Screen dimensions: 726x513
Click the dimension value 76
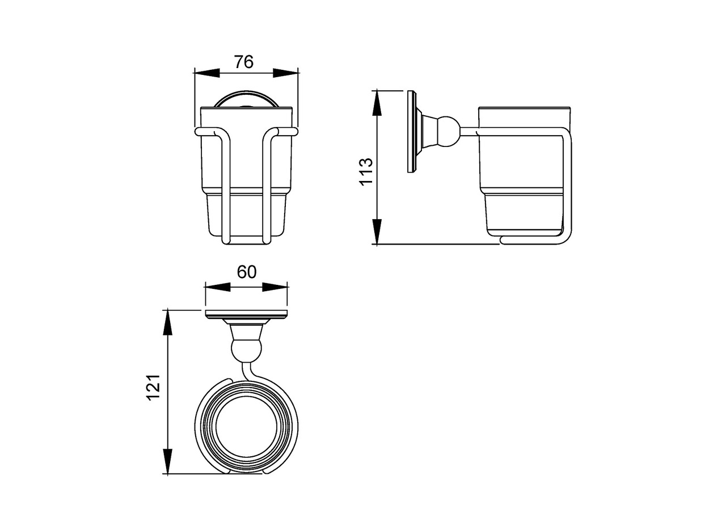click(244, 62)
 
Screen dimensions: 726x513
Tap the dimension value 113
click(366, 171)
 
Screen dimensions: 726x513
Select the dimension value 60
click(247, 272)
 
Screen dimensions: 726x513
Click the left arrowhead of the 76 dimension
click(206, 73)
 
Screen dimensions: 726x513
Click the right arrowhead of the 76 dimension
click(285, 73)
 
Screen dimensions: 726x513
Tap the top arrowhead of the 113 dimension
click(376, 103)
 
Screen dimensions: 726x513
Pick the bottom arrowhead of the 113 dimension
click(376, 231)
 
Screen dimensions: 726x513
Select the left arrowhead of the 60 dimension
click(218, 287)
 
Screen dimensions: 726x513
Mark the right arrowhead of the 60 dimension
click(275, 287)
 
